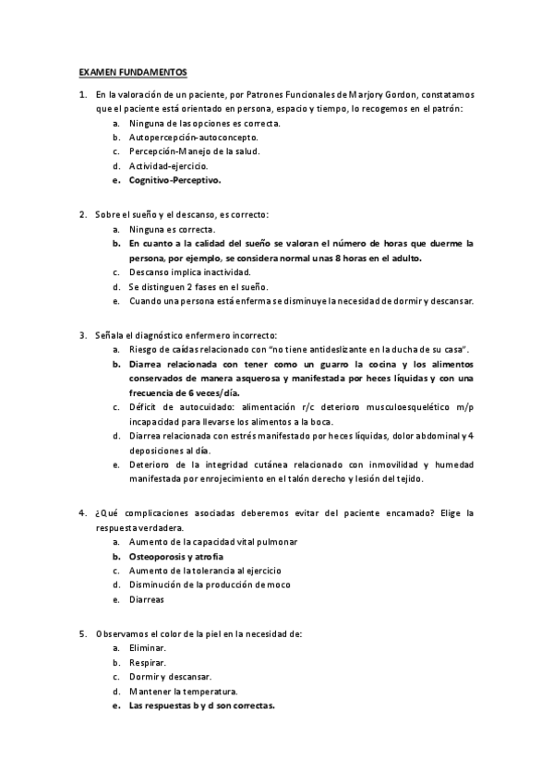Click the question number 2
[82, 214]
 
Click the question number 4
[82, 512]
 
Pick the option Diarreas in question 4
[146, 600]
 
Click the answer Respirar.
[148, 663]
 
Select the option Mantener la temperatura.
[184, 692]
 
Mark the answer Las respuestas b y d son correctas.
[201, 706]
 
